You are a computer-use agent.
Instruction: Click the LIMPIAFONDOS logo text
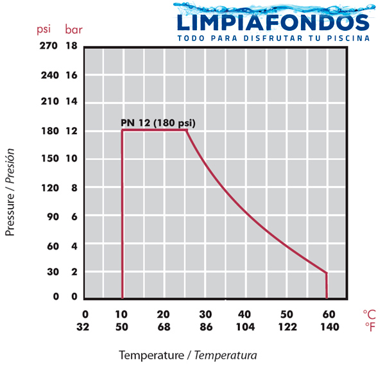tap(273, 22)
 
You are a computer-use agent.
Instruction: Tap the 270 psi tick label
tap(49, 46)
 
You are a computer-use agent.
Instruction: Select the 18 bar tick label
tap(71, 46)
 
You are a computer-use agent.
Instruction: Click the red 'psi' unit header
tap(44, 30)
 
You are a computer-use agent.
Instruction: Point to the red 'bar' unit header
tap(74, 30)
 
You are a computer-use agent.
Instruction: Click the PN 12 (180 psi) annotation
tap(158, 123)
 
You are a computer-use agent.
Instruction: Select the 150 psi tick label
tap(50, 158)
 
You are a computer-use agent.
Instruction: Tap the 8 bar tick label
tap(74, 188)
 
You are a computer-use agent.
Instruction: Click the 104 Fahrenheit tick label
tap(246, 327)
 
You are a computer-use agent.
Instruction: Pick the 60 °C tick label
tap(329, 314)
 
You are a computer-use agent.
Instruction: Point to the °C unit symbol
tap(370, 314)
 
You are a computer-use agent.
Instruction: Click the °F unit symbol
tap(370, 327)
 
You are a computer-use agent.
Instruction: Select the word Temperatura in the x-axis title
tap(226, 355)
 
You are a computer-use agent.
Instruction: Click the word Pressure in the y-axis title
tap(10, 214)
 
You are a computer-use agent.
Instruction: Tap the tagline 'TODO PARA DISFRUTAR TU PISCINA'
tap(273, 38)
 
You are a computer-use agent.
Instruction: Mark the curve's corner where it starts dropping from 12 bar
tap(187, 130)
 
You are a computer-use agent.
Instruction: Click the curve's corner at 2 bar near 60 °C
tap(327, 273)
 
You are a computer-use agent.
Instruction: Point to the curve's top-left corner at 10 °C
tap(123, 130)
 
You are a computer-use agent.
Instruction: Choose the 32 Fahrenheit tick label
tap(83, 327)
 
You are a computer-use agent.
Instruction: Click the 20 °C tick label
tap(164, 314)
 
